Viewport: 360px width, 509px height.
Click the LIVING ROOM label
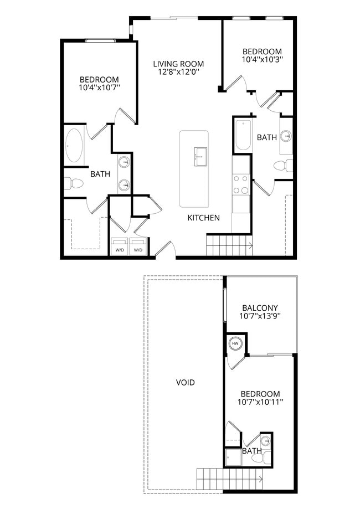(178, 64)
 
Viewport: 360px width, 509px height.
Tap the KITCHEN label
(203, 218)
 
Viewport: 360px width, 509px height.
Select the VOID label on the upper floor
(185, 382)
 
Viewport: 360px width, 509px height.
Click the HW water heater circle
(235, 343)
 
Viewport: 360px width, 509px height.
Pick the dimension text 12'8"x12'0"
(178, 72)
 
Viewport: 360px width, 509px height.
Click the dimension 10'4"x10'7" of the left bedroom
(99, 88)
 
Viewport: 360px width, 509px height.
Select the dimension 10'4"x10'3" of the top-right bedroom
(262, 59)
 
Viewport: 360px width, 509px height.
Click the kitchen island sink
(200, 156)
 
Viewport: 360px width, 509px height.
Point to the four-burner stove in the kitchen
(240, 184)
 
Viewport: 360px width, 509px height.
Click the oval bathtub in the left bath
(74, 146)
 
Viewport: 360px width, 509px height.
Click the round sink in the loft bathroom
(266, 441)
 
